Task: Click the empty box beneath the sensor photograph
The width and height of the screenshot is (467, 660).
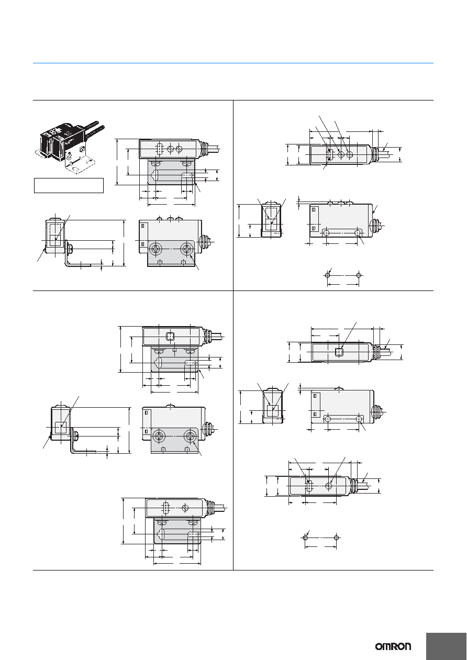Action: (x=69, y=185)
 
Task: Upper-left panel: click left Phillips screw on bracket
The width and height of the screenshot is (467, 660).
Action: (x=155, y=250)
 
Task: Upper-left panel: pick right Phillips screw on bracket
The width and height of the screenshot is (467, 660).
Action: (x=186, y=250)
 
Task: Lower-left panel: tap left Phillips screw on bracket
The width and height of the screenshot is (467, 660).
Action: (x=159, y=436)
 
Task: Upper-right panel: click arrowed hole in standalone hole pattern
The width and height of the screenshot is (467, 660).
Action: (x=328, y=275)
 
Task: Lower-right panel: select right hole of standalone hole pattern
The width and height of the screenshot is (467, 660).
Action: (x=336, y=538)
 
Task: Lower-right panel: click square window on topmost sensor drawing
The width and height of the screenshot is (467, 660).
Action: (x=339, y=352)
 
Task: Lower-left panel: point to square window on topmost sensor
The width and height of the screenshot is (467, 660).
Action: (x=170, y=336)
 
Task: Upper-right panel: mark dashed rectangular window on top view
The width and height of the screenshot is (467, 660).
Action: (x=330, y=155)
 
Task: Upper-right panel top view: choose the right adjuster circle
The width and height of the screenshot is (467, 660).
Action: (x=350, y=154)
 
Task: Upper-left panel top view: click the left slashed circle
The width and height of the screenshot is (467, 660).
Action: (x=170, y=149)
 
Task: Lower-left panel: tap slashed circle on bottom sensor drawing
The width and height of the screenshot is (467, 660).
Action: (x=185, y=508)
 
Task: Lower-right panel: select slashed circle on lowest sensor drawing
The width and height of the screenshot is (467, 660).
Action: (x=329, y=486)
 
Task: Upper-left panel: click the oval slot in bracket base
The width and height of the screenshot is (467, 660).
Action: (x=187, y=176)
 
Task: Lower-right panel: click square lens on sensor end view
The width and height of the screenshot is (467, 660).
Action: (x=273, y=411)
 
